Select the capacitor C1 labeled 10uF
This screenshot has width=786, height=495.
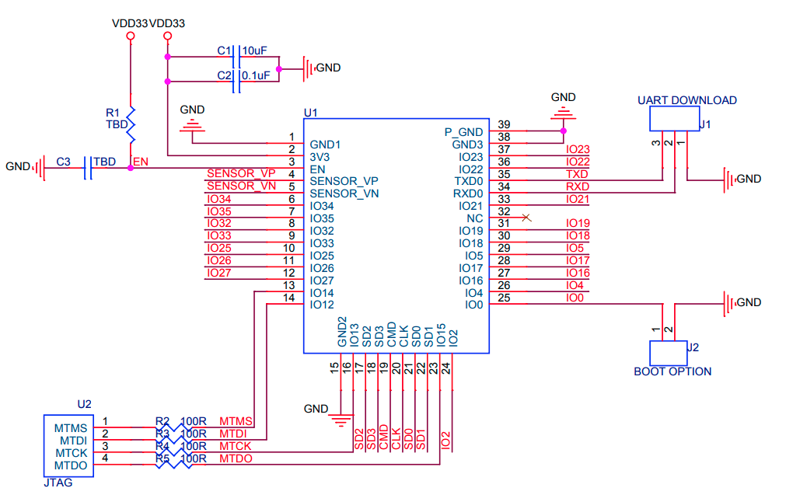click(236, 57)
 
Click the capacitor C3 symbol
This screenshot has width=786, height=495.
click(87, 168)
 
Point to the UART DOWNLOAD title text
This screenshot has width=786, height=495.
click(686, 100)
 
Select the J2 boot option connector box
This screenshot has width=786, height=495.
click(668, 352)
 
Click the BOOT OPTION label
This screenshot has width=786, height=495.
click(672, 371)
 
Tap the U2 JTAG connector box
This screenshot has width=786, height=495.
click(67, 446)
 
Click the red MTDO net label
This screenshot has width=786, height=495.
click(236, 458)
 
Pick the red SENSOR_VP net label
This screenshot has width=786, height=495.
click(241, 173)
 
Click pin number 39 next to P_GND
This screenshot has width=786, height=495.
click(504, 125)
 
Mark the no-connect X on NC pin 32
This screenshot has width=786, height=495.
click(526, 218)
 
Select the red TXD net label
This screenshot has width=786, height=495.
click(577, 174)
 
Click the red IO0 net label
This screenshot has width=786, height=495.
click(575, 298)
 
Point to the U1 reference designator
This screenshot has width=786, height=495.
click(310, 113)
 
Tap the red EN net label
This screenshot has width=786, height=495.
click(141, 162)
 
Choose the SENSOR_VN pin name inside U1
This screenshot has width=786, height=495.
click(344, 193)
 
